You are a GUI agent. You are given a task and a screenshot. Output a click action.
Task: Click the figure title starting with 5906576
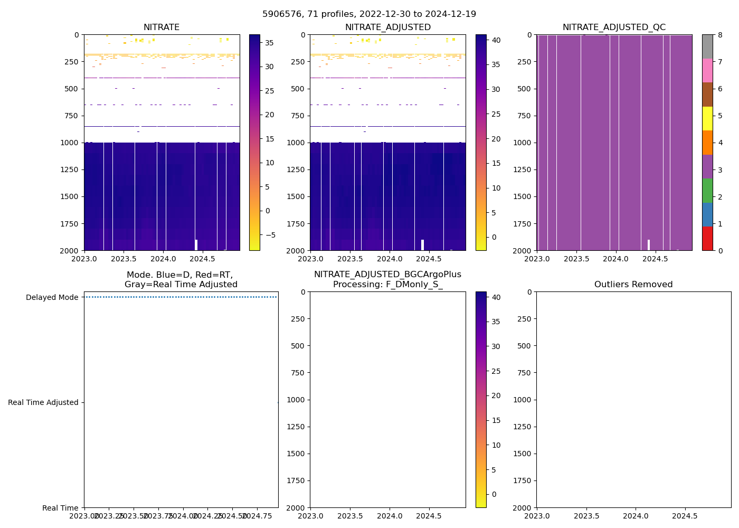point(369,14)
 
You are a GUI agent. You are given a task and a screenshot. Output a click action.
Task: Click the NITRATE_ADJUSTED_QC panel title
point(614,27)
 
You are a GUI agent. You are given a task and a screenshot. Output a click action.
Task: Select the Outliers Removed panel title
point(633,285)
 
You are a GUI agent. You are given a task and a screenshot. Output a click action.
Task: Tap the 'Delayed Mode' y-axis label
point(52,297)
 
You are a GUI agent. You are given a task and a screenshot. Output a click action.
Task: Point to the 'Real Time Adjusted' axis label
point(43,402)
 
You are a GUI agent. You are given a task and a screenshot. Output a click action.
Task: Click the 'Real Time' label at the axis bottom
point(60,508)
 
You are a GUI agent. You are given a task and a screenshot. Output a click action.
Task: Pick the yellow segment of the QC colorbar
point(707,118)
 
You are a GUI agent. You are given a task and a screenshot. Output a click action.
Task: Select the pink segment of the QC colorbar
point(707,70)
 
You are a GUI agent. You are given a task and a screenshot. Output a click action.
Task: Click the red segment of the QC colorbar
point(707,238)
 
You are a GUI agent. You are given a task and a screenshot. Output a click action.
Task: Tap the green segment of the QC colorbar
point(707,190)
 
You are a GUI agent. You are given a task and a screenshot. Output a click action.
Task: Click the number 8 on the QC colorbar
point(719,35)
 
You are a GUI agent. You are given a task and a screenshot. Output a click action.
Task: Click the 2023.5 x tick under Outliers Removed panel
point(586,516)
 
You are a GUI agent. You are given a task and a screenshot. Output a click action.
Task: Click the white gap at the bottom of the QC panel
point(649,245)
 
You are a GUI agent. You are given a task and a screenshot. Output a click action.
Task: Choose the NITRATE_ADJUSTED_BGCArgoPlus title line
point(387,275)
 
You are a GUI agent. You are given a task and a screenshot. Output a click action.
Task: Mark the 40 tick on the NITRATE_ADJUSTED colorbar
point(496,40)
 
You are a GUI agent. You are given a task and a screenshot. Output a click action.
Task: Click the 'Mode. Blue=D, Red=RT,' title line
point(179,275)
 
